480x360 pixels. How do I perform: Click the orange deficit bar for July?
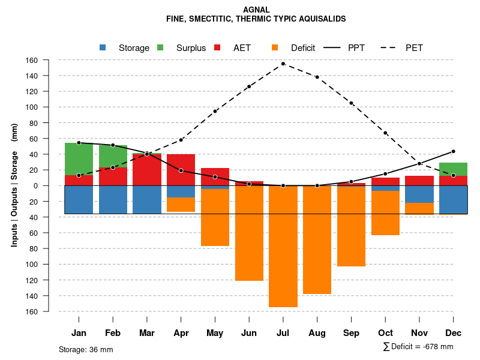pos(283,246)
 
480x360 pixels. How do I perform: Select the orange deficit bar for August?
pos(317,239)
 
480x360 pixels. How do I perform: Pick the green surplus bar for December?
pos(454,169)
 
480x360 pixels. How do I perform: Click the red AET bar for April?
pos(181,170)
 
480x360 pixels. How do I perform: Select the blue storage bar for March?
pos(147,199)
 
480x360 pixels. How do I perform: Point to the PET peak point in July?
pos(283,64)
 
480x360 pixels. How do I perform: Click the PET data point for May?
pos(215,111)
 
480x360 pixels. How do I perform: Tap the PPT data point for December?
pos(454,151)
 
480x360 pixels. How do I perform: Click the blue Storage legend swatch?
pos(103,47)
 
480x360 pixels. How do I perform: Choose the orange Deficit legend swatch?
pos(275,47)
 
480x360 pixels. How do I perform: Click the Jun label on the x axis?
pos(249,333)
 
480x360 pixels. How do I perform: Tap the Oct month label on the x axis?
pos(386,333)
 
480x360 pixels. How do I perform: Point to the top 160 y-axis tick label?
pos(49,60)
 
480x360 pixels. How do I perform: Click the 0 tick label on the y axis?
pos(52,185)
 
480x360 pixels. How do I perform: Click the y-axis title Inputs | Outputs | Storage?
pos(14,185)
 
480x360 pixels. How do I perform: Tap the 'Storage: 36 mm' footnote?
pos(86,349)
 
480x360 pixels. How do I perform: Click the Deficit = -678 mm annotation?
pos(418,347)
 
